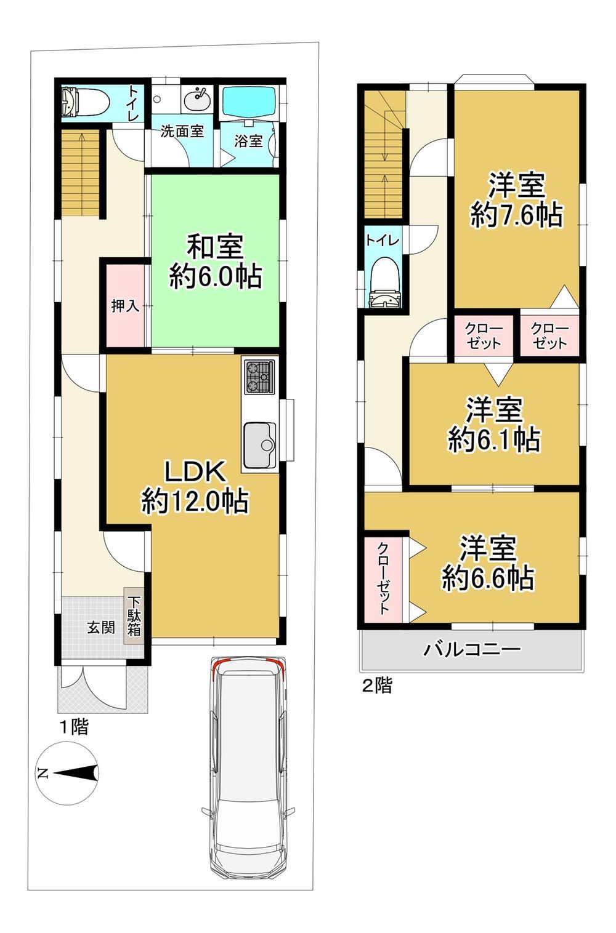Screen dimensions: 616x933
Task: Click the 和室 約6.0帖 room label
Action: click(x=215, y=261)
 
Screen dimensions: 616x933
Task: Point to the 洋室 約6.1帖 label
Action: click(x=494, y=425)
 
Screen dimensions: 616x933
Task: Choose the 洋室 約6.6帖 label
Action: click(x=488, y=563)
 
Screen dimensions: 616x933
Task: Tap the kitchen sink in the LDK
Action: click(x=260, y=445)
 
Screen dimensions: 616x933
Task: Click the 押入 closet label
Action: click(x=125, y=306)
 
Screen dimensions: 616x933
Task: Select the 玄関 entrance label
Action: click(x=101, y=627)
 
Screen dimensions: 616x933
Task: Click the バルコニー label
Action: click(x=472, y=649)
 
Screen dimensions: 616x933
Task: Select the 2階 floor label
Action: click(x=377, y=686)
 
